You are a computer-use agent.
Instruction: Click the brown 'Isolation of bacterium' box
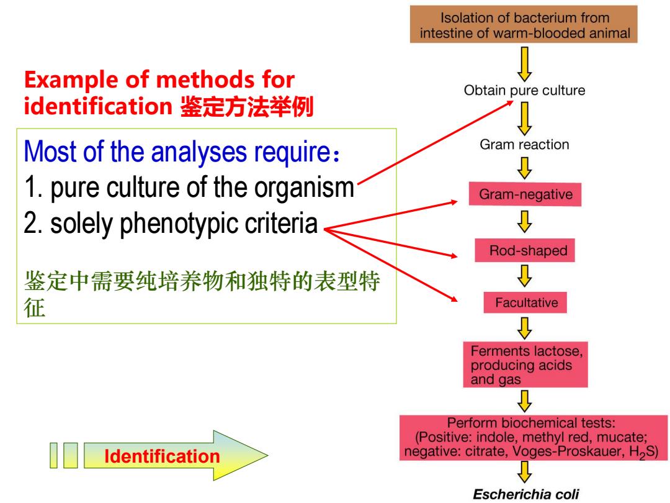click(524, 24)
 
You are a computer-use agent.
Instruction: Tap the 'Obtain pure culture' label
click(524, 90)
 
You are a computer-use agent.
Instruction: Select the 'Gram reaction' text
click(524, 145)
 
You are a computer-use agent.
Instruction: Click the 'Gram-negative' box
click(525, 194)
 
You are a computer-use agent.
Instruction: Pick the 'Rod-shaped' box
click(525, 250)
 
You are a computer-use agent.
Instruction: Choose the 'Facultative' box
click(525, 302)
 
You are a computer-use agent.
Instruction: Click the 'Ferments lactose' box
click(525, 365)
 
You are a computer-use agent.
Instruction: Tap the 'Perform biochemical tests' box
click(534, 438)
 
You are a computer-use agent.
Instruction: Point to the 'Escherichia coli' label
click(525, 494)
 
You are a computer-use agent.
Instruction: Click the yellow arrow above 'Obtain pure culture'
click(525, 64)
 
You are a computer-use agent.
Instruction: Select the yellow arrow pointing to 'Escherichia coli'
click(525, 472)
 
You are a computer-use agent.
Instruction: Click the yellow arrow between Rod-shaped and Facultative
click(525, 276)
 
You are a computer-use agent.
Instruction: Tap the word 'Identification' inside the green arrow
click(162, 456)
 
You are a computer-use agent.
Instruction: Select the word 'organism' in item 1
click(304, 188)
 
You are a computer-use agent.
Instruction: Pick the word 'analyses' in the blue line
click(199, 152)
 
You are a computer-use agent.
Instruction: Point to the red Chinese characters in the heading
click(247, 107)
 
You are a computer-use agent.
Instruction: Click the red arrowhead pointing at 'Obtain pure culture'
click(509, 103)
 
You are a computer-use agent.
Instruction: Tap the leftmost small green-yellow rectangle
click(53, 456)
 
